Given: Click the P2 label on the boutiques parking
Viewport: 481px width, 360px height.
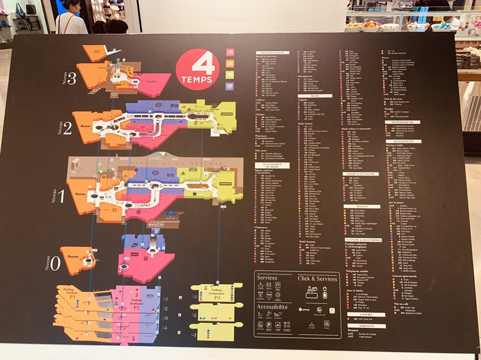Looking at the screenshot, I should pyautogui.click(x=136, y=308).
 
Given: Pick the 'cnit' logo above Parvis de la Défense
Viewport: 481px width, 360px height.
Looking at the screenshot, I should pyautogui.click(x=141, y=159).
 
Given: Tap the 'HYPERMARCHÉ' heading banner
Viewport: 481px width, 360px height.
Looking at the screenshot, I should pyautogui.click(x=400, y=121).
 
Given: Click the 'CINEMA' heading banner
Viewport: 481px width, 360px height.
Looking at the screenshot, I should pyautogui.click(x=358, y=314).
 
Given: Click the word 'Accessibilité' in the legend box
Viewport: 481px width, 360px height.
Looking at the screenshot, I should pyautogui.click(x=273, y=307).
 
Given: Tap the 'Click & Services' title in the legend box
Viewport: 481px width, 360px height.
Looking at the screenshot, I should pyautogui.click(x=317, y=278).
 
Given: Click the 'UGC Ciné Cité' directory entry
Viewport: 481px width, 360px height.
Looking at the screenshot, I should pyautogui.click(x=364, y=319).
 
